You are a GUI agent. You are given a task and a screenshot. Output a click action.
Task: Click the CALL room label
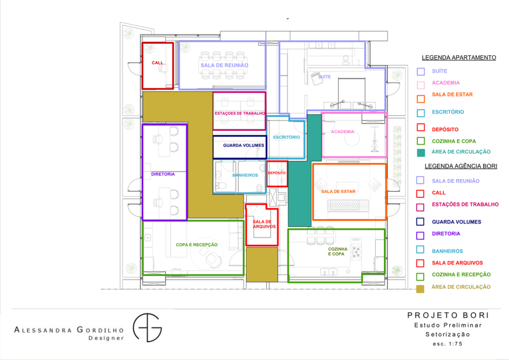(158, 63)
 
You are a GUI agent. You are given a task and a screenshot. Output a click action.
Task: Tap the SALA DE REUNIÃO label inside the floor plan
(224, 65)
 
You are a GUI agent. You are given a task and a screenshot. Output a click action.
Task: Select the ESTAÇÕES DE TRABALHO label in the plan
(240, 113)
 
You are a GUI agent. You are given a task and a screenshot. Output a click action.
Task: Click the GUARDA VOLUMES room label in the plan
(244, 145)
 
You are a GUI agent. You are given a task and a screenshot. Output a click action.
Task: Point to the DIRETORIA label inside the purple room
(163, 175)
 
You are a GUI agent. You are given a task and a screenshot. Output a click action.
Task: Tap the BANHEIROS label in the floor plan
(245, 176)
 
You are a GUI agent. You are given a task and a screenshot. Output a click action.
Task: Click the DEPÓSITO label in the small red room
(277, 173)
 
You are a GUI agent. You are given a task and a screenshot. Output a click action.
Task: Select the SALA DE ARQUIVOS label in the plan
(264, 224)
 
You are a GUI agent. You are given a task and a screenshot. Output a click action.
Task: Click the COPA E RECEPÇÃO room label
(197, 245)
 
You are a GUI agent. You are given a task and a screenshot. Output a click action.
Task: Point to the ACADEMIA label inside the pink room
(342, 132)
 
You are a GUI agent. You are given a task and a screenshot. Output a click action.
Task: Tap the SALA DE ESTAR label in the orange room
(338, 191)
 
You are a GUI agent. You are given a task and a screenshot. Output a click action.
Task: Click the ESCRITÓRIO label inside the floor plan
(286, 137)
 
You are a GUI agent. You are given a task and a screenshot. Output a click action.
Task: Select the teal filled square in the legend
(421, 153)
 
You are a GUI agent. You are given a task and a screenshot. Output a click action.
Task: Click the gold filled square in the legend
(420, 288)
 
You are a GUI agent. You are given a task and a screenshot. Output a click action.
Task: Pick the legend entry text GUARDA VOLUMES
(456, 222)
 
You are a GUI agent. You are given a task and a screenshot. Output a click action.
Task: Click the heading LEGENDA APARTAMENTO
(459, 58)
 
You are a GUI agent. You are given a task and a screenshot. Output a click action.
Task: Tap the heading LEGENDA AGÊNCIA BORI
(461, 166)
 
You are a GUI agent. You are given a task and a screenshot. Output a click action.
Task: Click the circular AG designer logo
(147, 328)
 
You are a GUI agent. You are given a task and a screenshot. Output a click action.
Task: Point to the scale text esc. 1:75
(447, 344)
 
